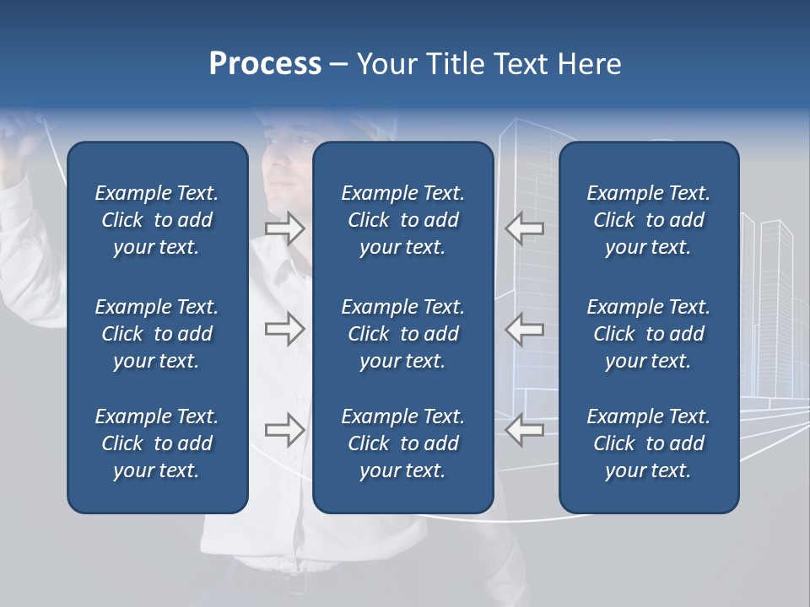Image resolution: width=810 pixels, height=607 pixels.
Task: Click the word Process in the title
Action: pyautogui.click(x=265, y=64)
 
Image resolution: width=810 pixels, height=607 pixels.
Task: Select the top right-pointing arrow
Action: pyautogui.click(x=284, y=228)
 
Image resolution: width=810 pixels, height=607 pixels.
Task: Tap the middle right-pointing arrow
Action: pyautogui.click(x=284, y=329)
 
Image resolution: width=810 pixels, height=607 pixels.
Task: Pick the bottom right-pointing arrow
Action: pyautogui.click(x=284, y=430)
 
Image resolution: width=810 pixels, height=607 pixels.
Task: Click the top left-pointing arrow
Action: pyautogui.click(x=525, y=228)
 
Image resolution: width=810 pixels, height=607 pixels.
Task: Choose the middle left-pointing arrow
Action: pyautogui.click(x=525, y=329)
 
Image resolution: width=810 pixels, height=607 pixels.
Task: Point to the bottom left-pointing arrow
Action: pyautogui.click(x=525, y=430)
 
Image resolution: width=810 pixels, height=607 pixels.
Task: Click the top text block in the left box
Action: pyautogui.click(x=157, y=220)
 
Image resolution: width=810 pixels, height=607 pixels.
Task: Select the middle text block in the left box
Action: pyautogui.click(x=157, y=334)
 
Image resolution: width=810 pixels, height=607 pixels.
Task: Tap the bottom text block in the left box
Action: pyautogui.click(x=157, y=443)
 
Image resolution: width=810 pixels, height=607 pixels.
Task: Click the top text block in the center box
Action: pyautogui.click(x=402, y=220)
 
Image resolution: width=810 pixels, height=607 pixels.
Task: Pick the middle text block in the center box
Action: pyautogui.click(x=402, y=334)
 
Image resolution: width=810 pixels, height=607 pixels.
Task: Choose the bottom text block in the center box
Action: pyautogui.click(x=402, y=443)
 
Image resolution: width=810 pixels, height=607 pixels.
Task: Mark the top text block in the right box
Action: pyautogui.click(x=648, y=220)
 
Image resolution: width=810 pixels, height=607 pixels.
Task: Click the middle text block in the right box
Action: pyautogui.click(x=648, y=334)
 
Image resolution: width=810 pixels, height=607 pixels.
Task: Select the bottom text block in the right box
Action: pyautogui.click(x=648, y=443)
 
